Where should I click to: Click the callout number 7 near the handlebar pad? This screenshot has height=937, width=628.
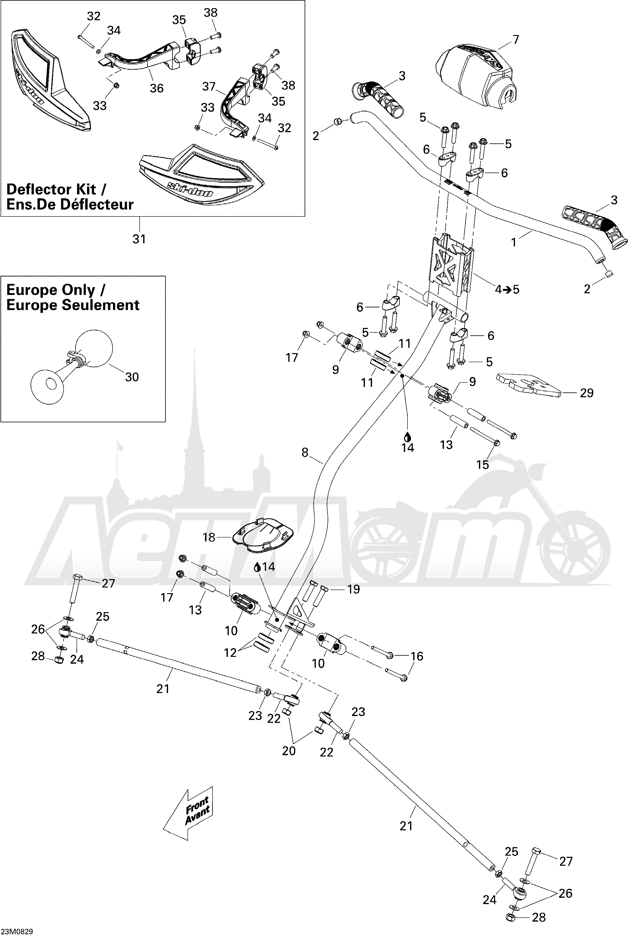(516, 40)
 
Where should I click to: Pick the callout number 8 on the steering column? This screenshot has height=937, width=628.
(305, 453)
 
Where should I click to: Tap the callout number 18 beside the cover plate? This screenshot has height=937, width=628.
(209, 537)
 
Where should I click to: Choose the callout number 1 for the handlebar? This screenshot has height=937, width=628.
(514, 242)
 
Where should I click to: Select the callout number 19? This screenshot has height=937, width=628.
(353, 589)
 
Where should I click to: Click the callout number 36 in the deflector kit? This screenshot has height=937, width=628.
(157, 88)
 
